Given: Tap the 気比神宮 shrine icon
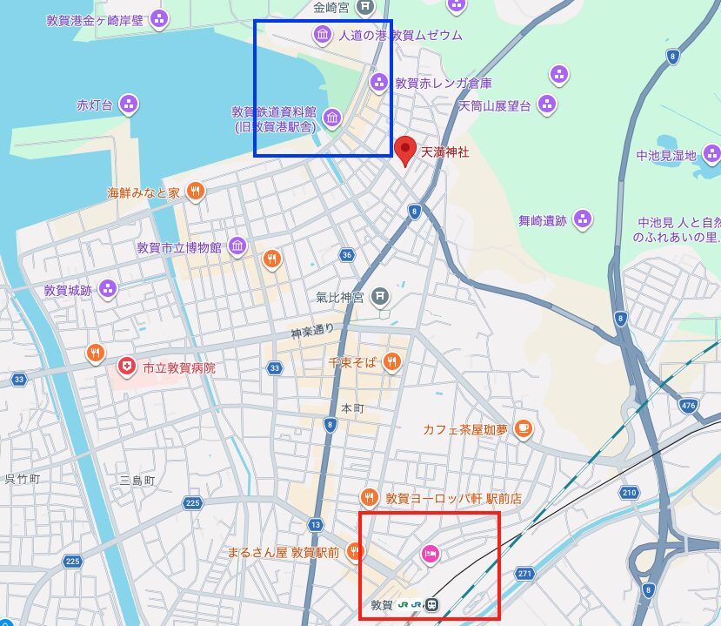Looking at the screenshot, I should coord(379,297).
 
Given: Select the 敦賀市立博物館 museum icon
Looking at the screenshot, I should coord(237,247).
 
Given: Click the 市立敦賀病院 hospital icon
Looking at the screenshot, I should coord(127,367).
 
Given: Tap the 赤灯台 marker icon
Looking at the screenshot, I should coord(129,105).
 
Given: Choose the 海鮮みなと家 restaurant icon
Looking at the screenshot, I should coord(196,192).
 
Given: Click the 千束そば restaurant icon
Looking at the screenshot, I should coord(393,361).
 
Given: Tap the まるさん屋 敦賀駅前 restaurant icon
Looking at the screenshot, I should coord(354,551).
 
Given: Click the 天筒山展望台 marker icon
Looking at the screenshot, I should coord(547,105).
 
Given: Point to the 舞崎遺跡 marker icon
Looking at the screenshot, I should coord(583,220).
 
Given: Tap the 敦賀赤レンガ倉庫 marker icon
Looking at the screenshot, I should coord(379,83).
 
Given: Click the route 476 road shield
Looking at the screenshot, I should coord(689,406).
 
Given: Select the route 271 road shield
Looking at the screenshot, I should coord(524,574).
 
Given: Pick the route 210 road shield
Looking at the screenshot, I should coord(630,494).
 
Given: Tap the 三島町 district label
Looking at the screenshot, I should coord(137,480).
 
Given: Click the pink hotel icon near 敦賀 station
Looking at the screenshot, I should coord(430,553).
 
